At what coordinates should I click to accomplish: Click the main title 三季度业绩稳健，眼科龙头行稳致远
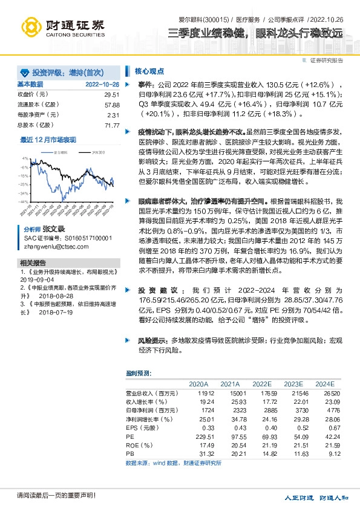pyautogui.click(x=255, y=33)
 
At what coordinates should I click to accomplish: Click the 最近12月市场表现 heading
pyautogui.click(x=48, y=139)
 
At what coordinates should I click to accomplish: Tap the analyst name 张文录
pyautogui.click(x=53, y=230)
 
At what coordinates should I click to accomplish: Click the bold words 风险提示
pyautogui.click(x=149, y=341)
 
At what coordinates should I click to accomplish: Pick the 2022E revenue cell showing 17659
pyautogui.click(x=261, y=393)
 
